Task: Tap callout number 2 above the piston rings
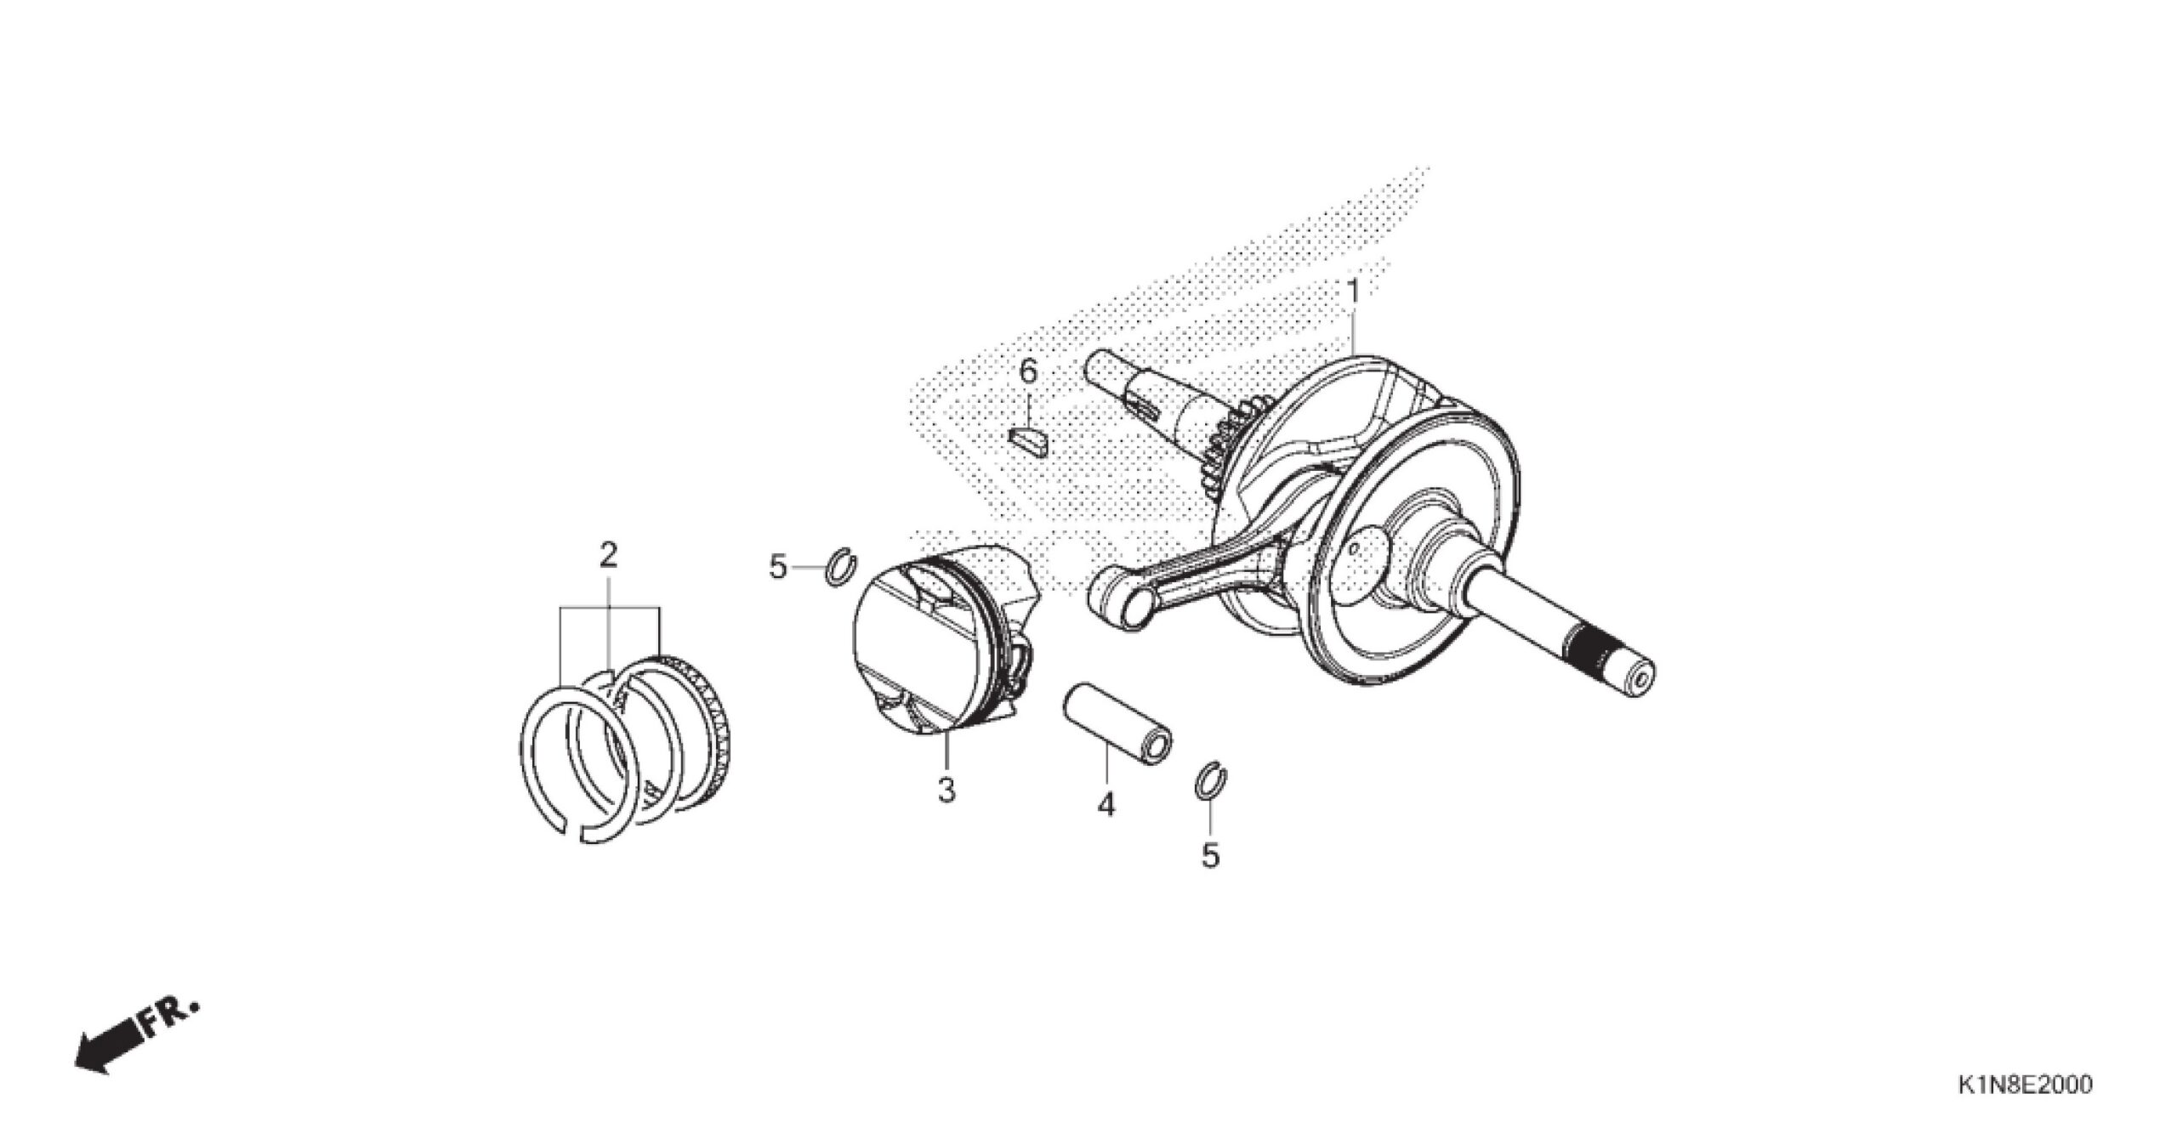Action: (607, 556)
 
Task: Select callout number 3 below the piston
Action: (946, 790)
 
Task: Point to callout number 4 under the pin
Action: (1106, 804)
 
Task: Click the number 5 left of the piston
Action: (778, 566)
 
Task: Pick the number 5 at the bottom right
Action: (1210, 855)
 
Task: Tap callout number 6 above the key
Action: (1028, 371)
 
